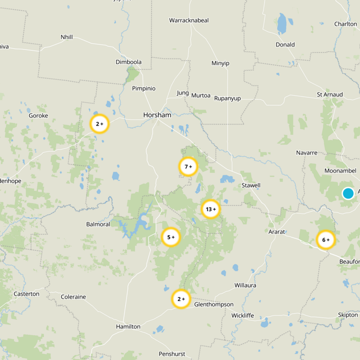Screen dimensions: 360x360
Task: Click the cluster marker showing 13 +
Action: tap(211, 209)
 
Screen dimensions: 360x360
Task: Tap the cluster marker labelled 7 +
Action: tap(188, 166)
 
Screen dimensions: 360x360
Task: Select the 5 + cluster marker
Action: tap(171, 237)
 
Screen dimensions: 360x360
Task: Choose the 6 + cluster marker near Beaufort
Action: tap(326, 240)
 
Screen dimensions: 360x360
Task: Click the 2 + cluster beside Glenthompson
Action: tap(181, 299)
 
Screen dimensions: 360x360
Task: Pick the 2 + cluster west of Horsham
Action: tap(99, 123)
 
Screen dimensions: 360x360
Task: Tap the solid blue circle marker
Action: tap(348, 193)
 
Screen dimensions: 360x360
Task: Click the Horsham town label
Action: tap(157, 115)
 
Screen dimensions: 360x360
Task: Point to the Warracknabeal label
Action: tap(189, 20)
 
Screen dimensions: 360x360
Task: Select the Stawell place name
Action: tap(251, 185)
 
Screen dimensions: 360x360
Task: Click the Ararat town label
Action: tap(276, 231)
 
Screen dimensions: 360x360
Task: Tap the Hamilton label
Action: tap(128, 326)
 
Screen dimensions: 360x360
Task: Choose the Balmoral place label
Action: tap(98, 224)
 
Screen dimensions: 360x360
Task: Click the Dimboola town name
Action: tap(128, 62)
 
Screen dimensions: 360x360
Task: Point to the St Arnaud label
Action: tap(330, 94)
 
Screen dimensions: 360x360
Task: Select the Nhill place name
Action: tap(67, 37)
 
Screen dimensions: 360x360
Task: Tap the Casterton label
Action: tap(27, 294)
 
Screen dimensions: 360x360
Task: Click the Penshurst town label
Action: tap(172, 354)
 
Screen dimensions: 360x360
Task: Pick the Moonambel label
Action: tap(340, 171)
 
